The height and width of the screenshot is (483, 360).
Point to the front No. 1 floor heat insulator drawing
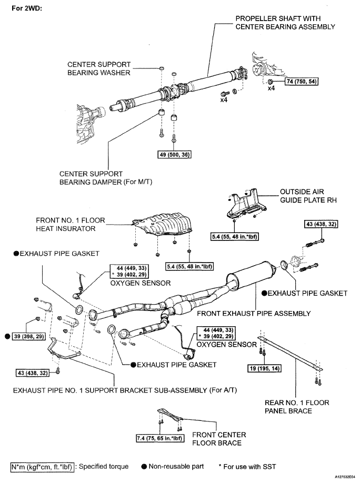pos(162,223)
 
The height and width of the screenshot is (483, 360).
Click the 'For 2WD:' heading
pos(26,8)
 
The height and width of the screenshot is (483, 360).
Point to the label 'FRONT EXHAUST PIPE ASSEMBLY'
pos(254,314)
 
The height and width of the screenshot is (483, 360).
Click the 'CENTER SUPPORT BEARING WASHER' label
pos(99,69)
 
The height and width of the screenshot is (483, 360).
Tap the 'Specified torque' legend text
pos(103,466)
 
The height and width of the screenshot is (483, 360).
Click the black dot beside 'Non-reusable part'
pos(144,467)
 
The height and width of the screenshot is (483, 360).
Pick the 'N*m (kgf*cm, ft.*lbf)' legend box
pos(42,467)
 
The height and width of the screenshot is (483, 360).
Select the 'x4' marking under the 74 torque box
pos(271,88)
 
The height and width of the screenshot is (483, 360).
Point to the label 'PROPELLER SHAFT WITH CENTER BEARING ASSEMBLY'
pos(285,23)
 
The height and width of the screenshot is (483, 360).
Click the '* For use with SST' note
pos(247,467)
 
